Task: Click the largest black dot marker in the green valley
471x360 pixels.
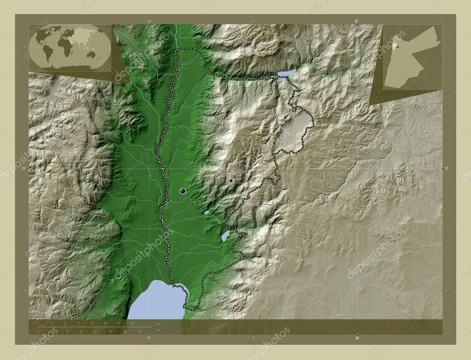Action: pos(183,191)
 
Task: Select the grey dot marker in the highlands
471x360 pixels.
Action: pos(243,153)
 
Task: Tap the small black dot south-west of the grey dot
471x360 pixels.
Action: pos(231,181)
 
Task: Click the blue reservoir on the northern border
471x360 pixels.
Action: pos(286,73)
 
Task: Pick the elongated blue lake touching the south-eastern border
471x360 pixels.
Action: pos(225,236)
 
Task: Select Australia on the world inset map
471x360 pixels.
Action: pos(92,54)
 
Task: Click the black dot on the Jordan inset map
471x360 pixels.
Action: pos(398,46)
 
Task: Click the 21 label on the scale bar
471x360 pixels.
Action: pos(132,323)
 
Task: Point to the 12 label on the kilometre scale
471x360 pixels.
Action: pos(92,323)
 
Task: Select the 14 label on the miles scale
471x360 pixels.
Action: pos(138,331)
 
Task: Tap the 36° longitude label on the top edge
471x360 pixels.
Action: pos(356,21)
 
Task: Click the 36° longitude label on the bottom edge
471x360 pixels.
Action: pos(357,338)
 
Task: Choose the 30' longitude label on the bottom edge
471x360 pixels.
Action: pos(149,338)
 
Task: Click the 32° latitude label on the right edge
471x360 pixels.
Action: pos(447,169)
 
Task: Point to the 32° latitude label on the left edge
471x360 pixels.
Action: pos(24,169)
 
